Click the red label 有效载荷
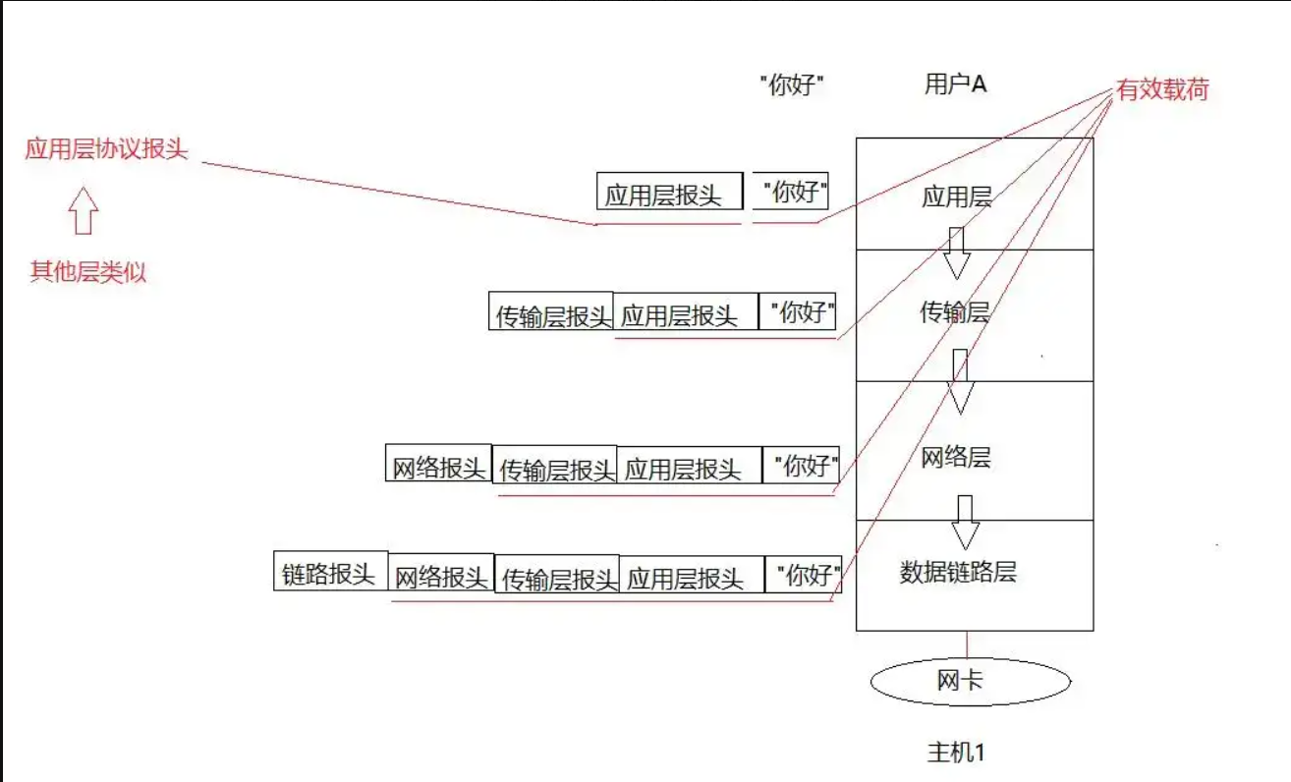(1161, 90)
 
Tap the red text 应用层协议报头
(106, 149)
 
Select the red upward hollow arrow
(84, 210)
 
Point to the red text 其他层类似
(87, 272)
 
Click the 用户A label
(955, 84)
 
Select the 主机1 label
(955, 753)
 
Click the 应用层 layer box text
(956, 197)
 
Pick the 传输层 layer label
(954, 312)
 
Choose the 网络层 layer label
(955, 457)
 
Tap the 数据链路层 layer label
(957, 572)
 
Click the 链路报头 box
(330, 572)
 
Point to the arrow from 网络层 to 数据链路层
(965, 523)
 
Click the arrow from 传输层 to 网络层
(960, 382)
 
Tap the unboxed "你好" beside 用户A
(791, 85)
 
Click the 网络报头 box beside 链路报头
(441, 576)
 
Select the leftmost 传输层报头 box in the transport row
(551, 312)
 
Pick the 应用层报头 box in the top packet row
(669, 193)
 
